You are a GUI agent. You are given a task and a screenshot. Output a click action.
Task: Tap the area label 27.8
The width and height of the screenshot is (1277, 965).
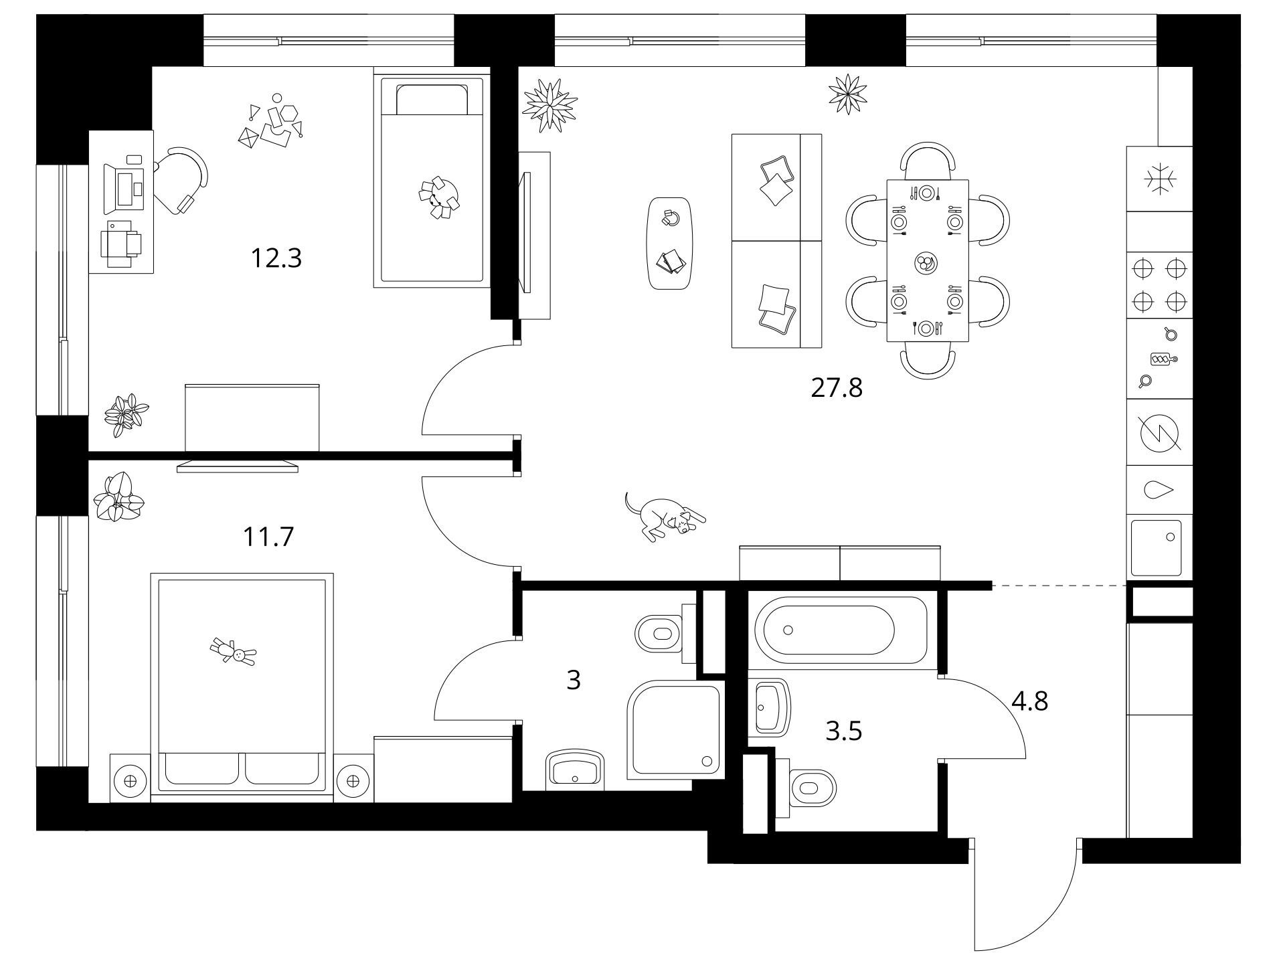[836, 388]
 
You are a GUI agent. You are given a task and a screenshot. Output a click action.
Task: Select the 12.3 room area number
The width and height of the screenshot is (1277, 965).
[276, 258]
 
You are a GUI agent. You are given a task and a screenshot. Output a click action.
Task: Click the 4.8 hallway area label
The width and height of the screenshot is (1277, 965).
[1030, 701]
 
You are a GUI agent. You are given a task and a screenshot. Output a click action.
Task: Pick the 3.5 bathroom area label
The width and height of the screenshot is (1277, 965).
[843, 731]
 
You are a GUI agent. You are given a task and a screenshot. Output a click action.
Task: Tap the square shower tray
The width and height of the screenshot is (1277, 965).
[675, 730]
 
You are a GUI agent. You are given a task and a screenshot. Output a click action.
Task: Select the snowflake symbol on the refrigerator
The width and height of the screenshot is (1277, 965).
[1160, 179]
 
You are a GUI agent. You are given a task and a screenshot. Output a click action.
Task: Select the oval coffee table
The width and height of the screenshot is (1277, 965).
[670, 243]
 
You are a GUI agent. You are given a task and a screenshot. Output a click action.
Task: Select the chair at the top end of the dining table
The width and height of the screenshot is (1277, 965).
[928, 160]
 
